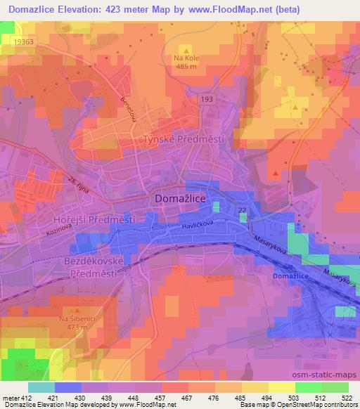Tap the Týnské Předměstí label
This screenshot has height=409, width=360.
184,139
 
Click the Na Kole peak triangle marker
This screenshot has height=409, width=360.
187,50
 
